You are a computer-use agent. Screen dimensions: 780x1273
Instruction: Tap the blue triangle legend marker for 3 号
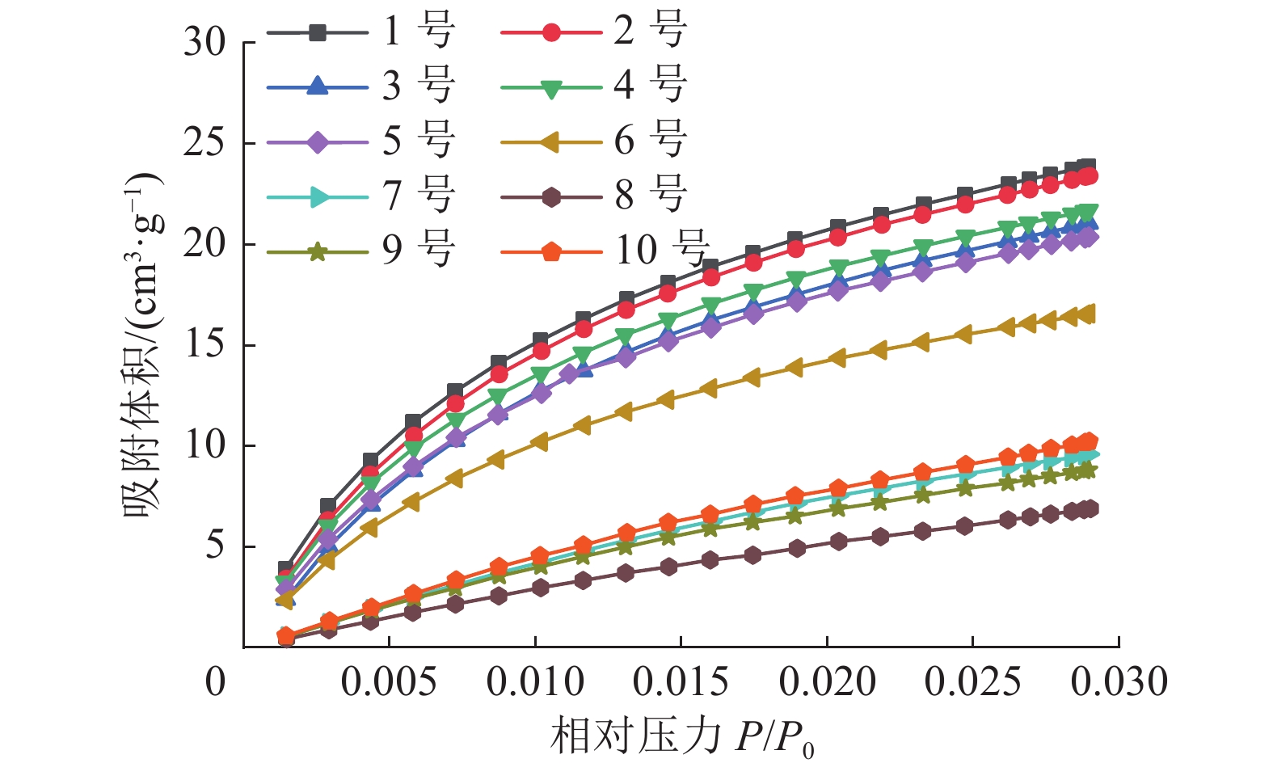318,86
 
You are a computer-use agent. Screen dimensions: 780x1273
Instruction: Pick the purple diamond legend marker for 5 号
318,141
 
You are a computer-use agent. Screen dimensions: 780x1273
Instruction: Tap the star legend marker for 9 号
318,251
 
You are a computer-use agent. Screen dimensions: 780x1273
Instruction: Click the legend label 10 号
662,250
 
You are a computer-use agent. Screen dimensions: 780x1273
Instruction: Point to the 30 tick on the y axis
204,42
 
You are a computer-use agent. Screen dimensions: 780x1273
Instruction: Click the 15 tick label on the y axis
204,345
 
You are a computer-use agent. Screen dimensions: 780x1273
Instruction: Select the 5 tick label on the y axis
214,546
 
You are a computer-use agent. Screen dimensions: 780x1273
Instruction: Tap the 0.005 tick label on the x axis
389,681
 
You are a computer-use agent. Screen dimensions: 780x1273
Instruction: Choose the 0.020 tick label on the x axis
827,681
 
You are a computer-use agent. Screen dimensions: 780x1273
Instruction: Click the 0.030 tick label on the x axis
1119,681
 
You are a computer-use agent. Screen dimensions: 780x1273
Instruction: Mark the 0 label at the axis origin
215,681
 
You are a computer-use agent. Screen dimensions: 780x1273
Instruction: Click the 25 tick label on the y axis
204,143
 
